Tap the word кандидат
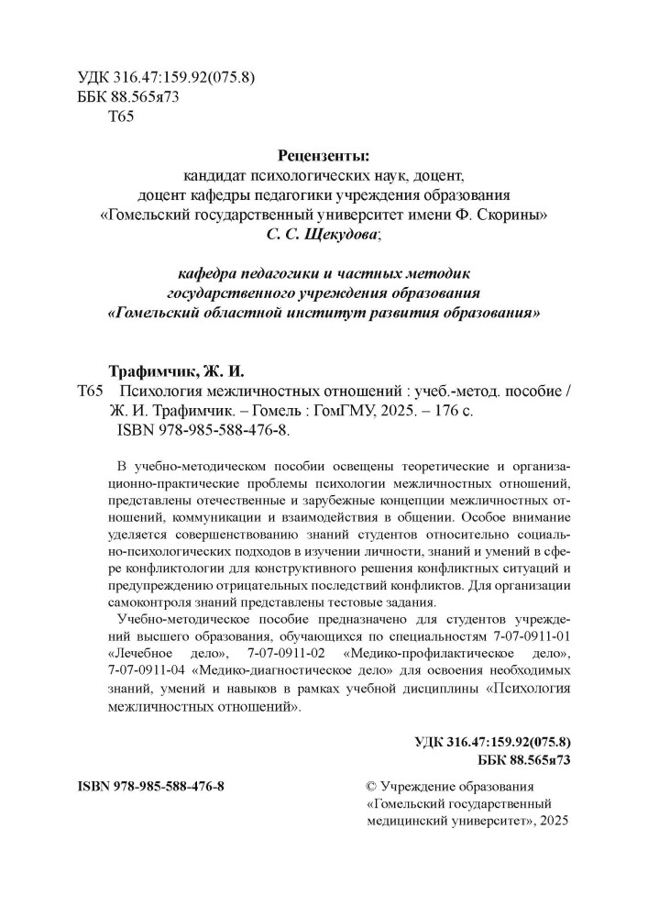coord(214,174)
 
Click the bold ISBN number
coord(147,788)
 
